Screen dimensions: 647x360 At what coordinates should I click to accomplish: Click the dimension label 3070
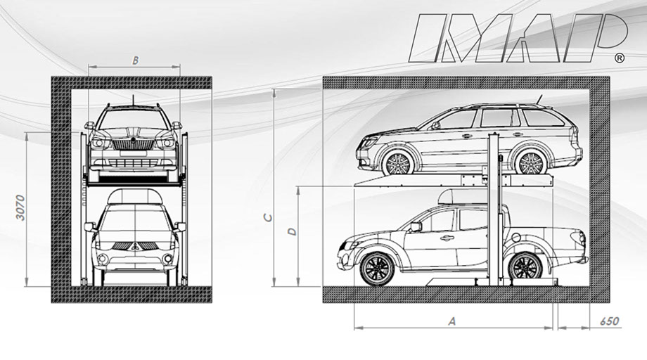[20, 208]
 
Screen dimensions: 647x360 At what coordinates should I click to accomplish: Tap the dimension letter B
[135, 60]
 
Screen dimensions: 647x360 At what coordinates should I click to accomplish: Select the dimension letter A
[452, 321]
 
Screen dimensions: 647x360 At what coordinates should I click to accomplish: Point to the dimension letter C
[268, 217]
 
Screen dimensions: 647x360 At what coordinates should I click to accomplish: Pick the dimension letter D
[293, 231]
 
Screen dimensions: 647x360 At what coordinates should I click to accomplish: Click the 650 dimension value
[610, 321]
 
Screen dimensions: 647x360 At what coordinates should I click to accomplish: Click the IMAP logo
[518, 38]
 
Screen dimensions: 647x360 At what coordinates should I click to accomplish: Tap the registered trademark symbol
[619, 58]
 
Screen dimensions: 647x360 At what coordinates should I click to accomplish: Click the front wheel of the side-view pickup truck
[377, 269]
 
